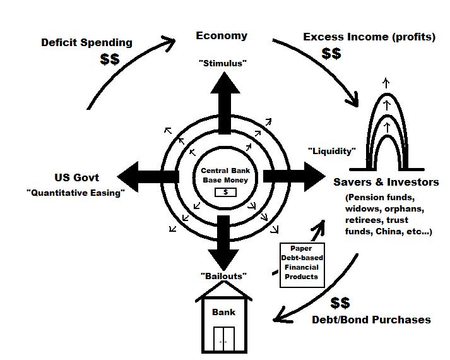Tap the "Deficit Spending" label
pos(86,42)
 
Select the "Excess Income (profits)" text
pos(369,37)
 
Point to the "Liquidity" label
pos(331,151)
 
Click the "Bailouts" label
pos(224,276)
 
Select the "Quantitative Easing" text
pos(75,193)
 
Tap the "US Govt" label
pos(76,177)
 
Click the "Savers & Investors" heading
pos(386,182)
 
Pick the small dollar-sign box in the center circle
pos(224,192)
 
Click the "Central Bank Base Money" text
pos(225,176)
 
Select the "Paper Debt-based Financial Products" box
pos(302,262)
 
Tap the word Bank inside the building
pos(223,312)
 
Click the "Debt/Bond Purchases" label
pos(371,320)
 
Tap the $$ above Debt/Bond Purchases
pos(340,303)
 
